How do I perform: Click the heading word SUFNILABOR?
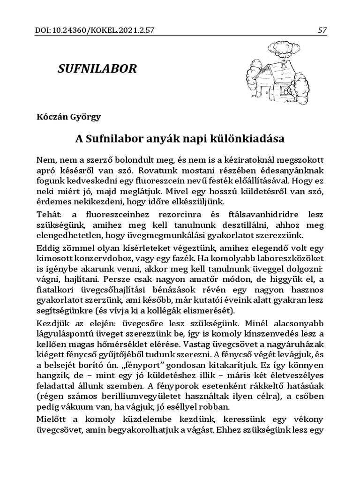click(97, 69)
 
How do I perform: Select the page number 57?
click(322, 30)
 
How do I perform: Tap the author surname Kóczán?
click(52, 117)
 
